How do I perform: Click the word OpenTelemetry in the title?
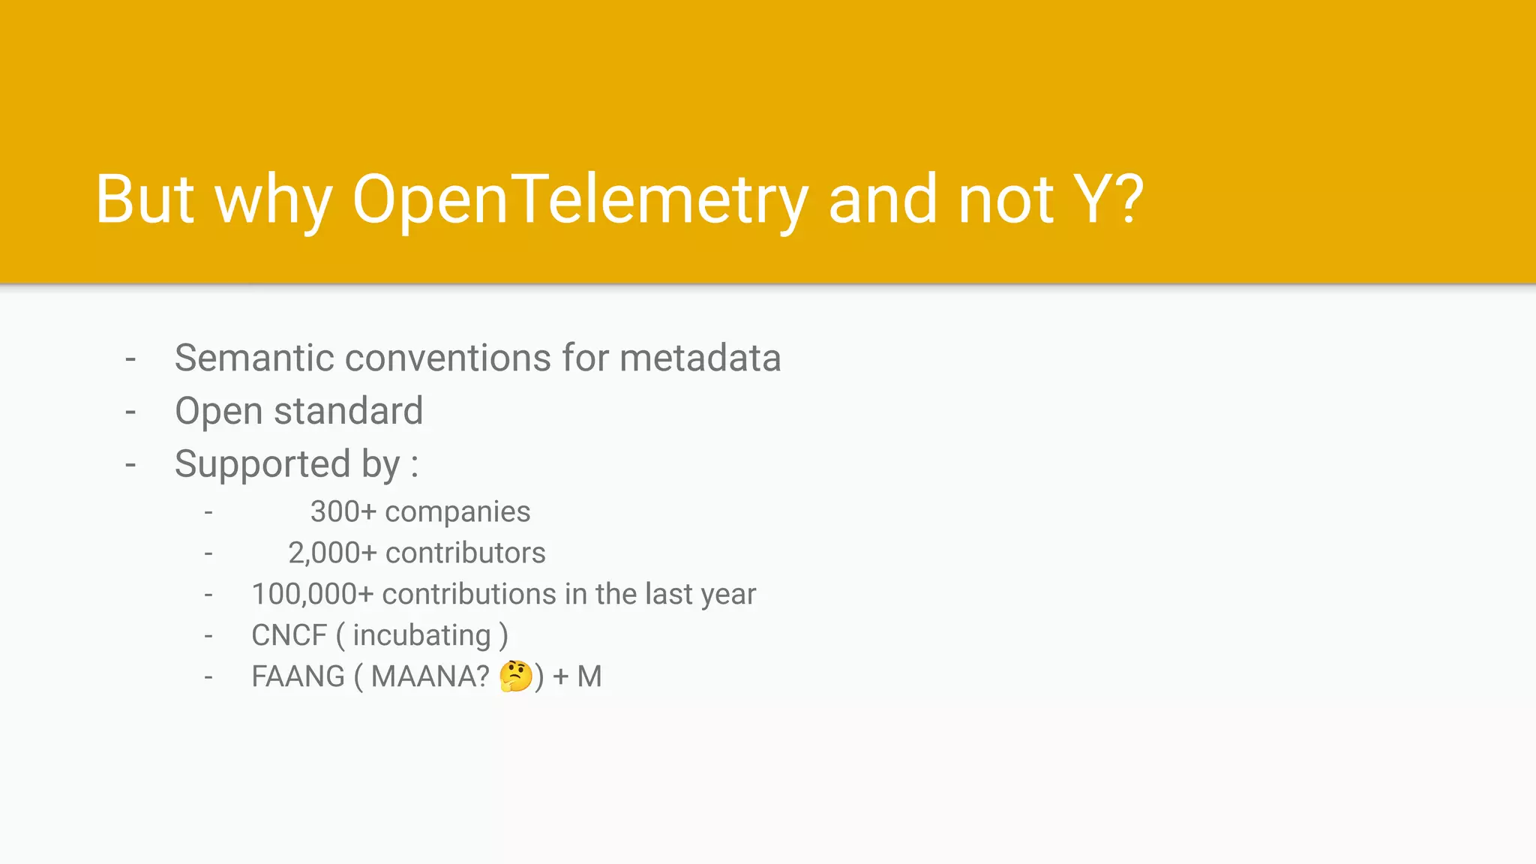[x=580, y=199]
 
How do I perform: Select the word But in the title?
[x=145, y=199]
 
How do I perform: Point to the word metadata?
[x=700, y=358]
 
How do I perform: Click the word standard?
[x=348, y=411]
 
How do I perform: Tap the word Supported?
[x=262, y=464]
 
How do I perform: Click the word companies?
[x=457, y=512]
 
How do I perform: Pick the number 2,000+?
[x=332, y=553]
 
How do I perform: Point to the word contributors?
[x=465, y=553]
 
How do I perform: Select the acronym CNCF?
[x=289, y=636]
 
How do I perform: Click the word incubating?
[x=421, y=636]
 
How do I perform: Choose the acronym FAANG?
[x=298, y=677]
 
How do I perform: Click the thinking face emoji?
[x=515, y=676]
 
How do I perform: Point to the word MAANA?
[x=430, y=677]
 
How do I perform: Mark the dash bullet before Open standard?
[x=130, y=412]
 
